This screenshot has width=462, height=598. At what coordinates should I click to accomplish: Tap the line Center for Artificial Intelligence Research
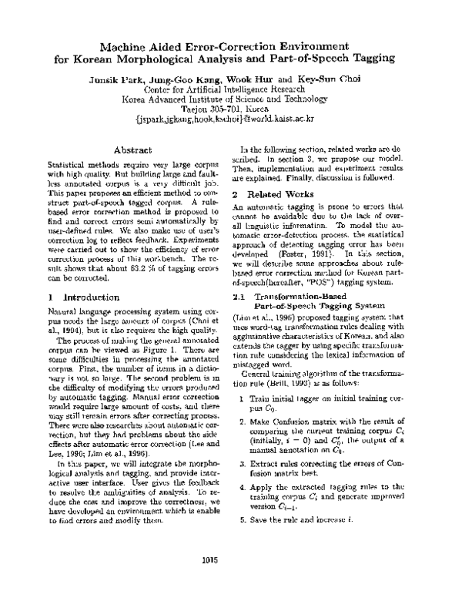pyautogui.click(x=231, y=89)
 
